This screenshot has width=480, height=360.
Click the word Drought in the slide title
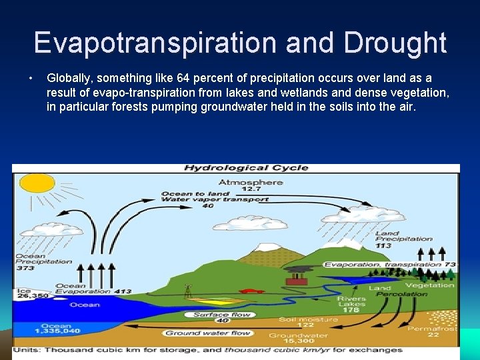click(x=395, y=43)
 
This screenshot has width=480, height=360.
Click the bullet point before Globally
click(x=31, y=79)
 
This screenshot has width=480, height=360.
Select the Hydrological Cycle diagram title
click(x=246, y=167)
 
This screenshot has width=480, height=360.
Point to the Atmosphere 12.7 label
click(x=251, y=185)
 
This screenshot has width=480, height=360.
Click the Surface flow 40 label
click(x=221, y=317)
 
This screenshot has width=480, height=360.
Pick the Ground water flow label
click(x=207, y=333)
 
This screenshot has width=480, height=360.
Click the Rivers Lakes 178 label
click(x=351, y=304)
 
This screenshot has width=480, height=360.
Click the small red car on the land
click(x=249, y=291)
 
